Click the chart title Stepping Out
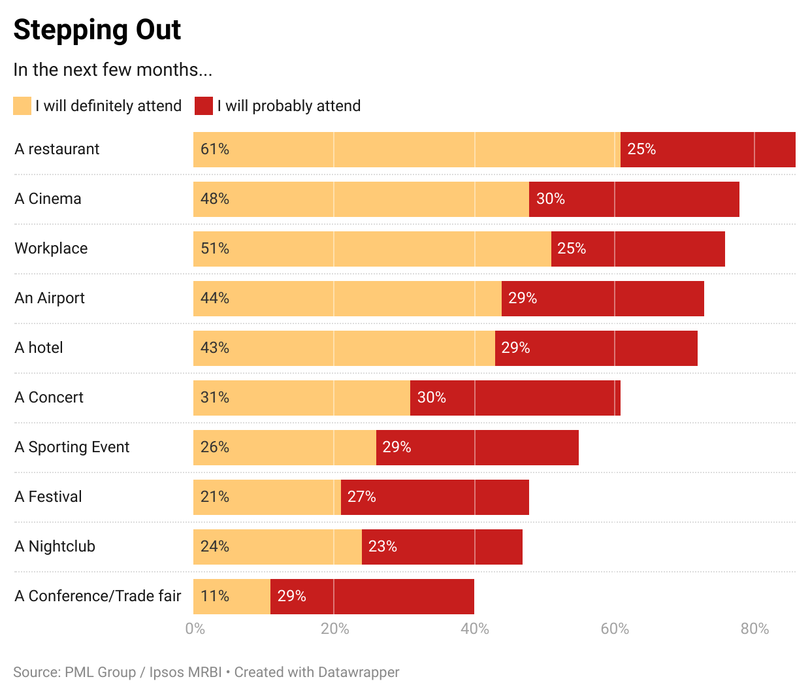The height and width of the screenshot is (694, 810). pos(97,30)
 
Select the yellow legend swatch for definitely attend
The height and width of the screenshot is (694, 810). pos(22,106)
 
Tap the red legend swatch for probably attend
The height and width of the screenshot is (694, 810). pos(204,106)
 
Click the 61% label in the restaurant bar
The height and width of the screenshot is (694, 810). pos(215,150)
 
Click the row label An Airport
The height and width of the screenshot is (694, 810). pos(50,299)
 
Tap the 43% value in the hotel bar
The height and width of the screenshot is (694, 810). pos(215,348)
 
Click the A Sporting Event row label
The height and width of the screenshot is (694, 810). pos(72,448)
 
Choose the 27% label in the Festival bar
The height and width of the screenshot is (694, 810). pos(361,497)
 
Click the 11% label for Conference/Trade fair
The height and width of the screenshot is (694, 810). pos(215,597)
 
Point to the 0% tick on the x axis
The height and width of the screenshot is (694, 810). pos(195,629)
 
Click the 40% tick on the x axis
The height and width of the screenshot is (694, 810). pos(475,629)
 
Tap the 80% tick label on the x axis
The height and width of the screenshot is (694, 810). pos(754,629)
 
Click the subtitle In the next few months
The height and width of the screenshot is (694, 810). pos(112,70)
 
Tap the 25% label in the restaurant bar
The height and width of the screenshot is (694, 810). pos(641,150)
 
